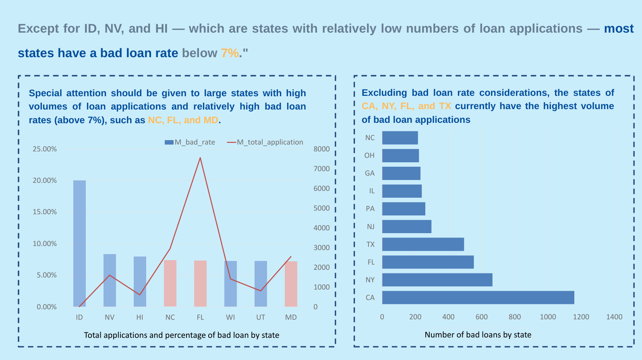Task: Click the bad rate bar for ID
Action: (79, 243)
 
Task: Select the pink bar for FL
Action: (200, 283)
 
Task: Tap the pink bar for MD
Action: (291, 284)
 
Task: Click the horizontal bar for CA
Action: (478, 298)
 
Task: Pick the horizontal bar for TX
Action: (423, 244)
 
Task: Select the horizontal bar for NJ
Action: (406, 227)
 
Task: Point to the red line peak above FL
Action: (200, 158)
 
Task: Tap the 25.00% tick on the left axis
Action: (45, 149)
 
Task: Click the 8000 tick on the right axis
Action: (321, 149)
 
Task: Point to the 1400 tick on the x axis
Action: (614, 317)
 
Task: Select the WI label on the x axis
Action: (230, 317)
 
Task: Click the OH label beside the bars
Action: (369, 155)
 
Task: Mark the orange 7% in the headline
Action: (230, 53)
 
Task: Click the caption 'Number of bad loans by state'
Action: (478, 335)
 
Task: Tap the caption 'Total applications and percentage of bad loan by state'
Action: (181, 335)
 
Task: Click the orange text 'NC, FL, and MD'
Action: (183, 120)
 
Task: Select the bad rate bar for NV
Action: (110, 280)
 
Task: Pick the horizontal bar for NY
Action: (437, 280)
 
